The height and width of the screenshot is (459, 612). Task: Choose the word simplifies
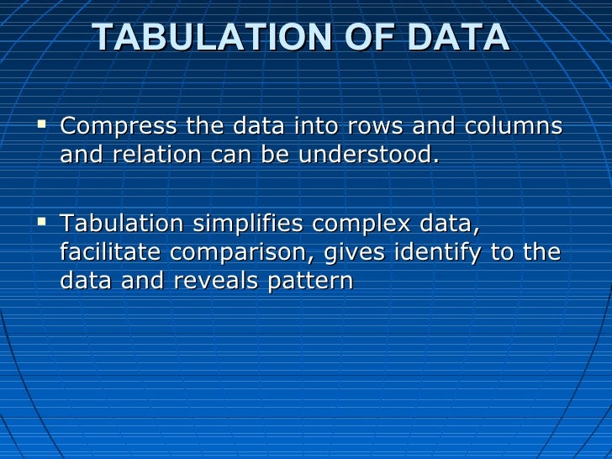(249, 224)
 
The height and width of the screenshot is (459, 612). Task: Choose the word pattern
(310, 281)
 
